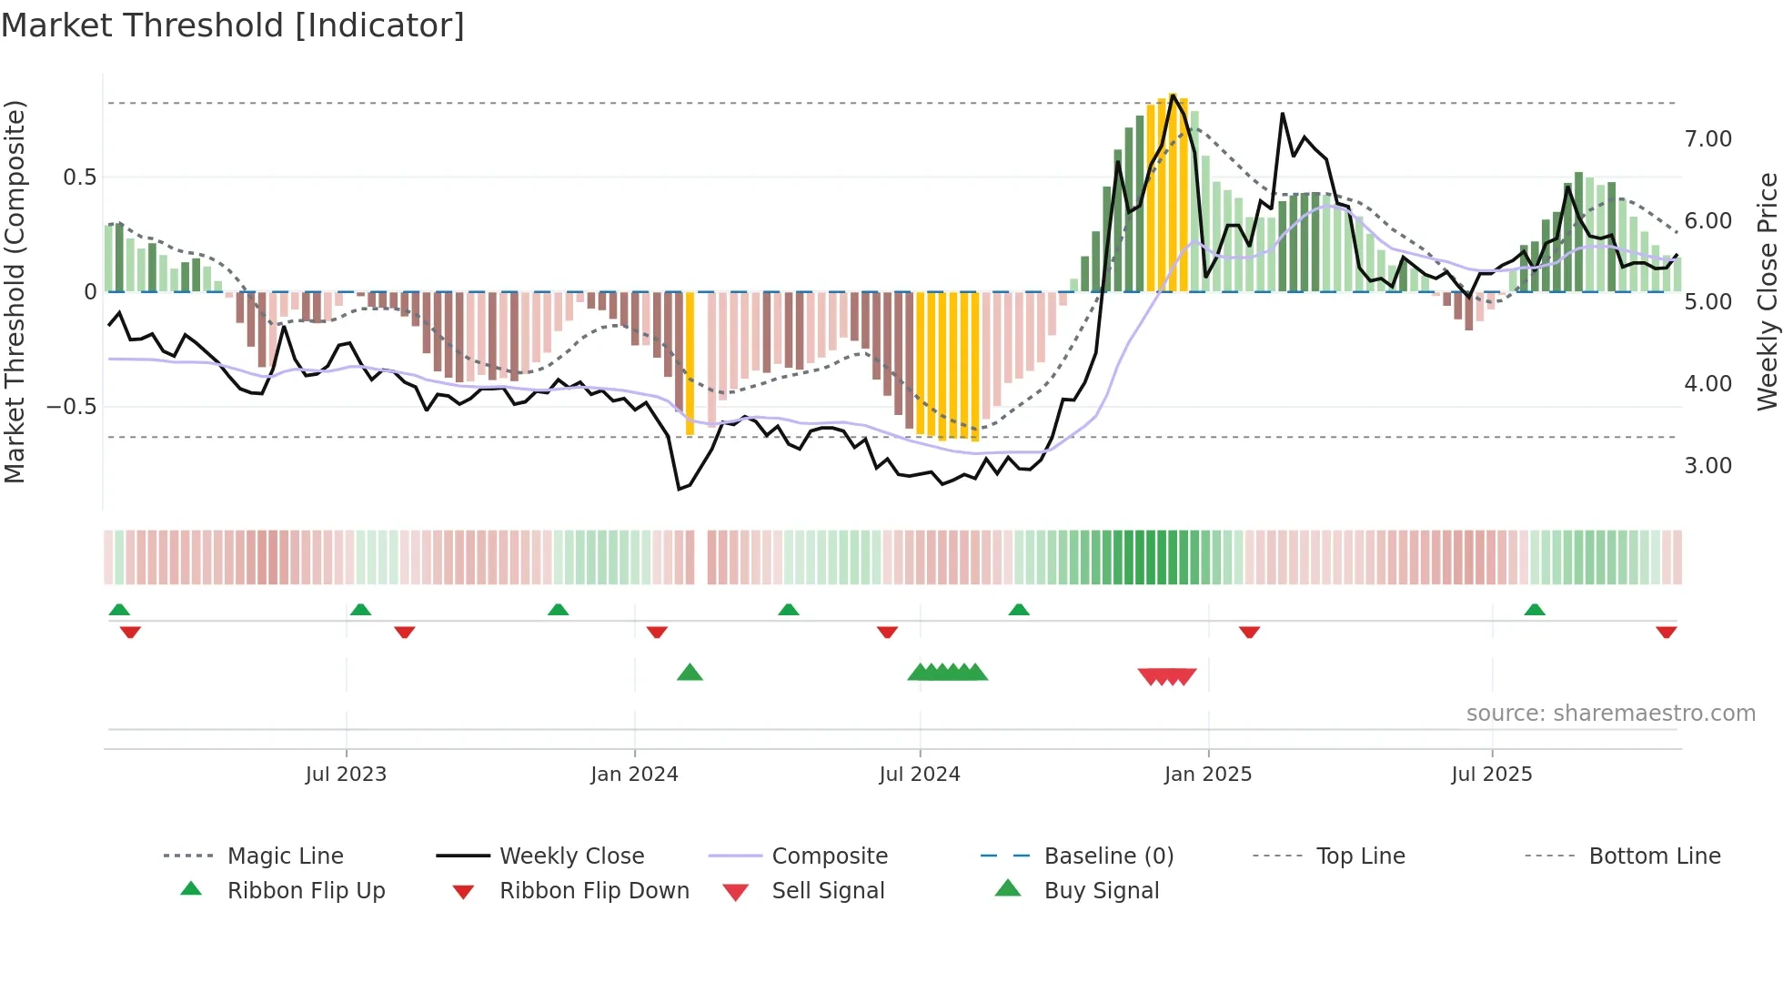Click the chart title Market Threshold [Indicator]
point(233,25)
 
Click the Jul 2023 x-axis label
point(346,775)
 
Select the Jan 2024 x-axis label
point(634,775)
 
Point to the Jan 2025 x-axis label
point(1208,775)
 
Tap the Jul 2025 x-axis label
point(1492,775)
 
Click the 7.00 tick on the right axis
point(1707,139)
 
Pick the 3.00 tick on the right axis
point(1707,466)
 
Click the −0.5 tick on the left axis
point(71,407)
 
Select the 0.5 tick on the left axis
point(79,177)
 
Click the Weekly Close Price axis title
point(1767,291)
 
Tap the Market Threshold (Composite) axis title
point(15,291)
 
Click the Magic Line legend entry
point(285,856)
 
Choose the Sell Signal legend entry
point(828,891)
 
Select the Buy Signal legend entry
point(1101,891)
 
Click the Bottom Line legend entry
point(1654,856)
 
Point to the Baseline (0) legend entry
point(1108,856)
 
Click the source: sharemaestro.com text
point(1610,714)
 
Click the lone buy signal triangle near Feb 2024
point(690,673)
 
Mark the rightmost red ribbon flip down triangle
point(1666,632)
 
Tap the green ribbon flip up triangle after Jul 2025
point(1535,610)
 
